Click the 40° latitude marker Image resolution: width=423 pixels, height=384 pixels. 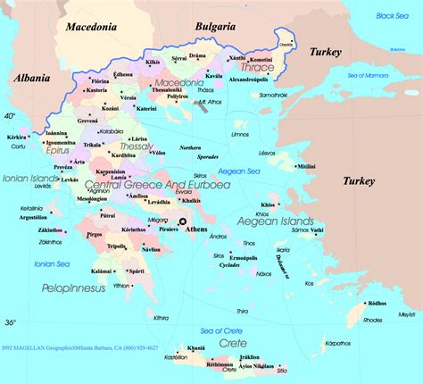(11, 116)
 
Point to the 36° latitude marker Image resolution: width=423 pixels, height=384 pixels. (11, 321)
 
